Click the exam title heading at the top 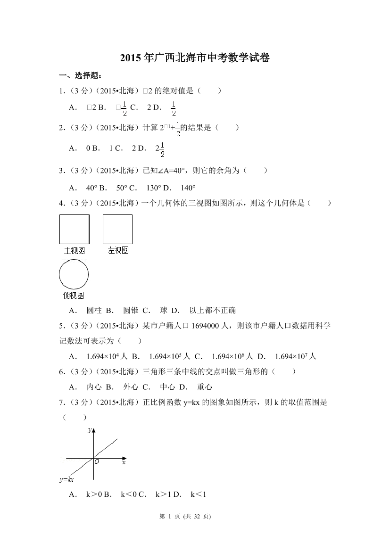pyautogui.click(x=195, y=58)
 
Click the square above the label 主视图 pyautogui.click(x=75, y=229)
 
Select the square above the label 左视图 pyautogui.click(x=117, y=229)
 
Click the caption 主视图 pyautogui.click(x=75, y=251)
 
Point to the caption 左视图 pyautogui.click(x=118, y=251)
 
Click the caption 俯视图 pyautogui.click(x=74, y=296)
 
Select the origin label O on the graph pyautogui.click(x=97, y=462)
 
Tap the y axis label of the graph pyautogui.click(x=90, y=429)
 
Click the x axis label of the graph pyautogui.click(x=124, y=462)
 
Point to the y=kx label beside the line pyautogui.click(x=66, y=479)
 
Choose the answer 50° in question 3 pyautogui.click(x=122, y=188)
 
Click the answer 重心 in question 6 pyautogui.click(x=205, y=387)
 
